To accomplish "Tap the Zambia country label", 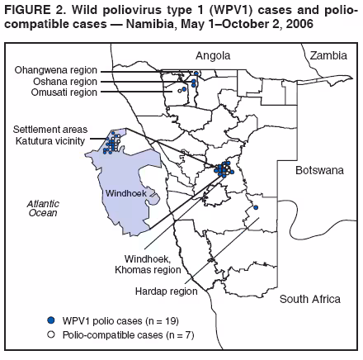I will [327, 55].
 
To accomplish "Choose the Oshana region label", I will [61, 82].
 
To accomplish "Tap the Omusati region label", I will [60, 92].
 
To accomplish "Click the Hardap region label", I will [166, 291].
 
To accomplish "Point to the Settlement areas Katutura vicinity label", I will [49, 135].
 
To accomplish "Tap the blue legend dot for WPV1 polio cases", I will [51, 318].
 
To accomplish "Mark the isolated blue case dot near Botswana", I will [256, 206].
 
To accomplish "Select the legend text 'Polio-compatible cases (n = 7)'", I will [125, 332].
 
